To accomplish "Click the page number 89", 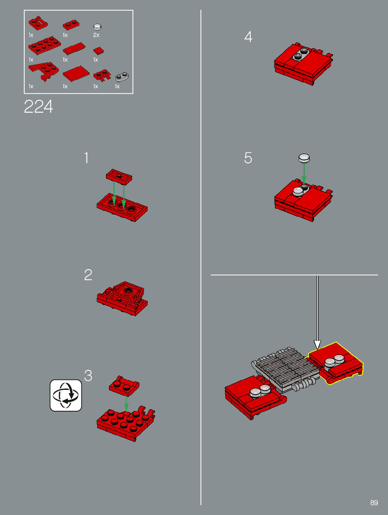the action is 374,503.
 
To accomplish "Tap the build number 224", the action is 39,107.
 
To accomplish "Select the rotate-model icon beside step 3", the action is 66,395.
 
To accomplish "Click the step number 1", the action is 87,158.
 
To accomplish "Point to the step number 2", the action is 88,275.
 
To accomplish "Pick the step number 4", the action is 248,37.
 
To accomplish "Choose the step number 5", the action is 248,158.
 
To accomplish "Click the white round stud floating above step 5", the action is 304,158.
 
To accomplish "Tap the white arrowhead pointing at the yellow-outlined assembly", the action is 317,345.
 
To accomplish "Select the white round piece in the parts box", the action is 98,27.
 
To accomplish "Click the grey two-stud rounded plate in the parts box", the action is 122,76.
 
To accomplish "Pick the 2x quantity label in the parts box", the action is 96,35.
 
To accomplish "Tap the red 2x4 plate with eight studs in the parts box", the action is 45,46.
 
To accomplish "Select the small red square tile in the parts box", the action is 99,51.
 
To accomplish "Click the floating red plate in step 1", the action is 119,177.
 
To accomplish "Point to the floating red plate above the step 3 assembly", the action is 124,386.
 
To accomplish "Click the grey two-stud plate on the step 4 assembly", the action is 301,54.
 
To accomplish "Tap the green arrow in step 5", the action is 304,174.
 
